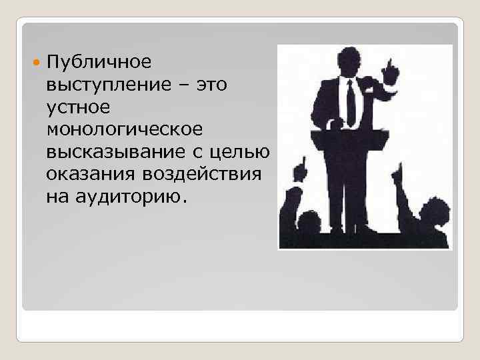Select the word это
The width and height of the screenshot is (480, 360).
[211, 85]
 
